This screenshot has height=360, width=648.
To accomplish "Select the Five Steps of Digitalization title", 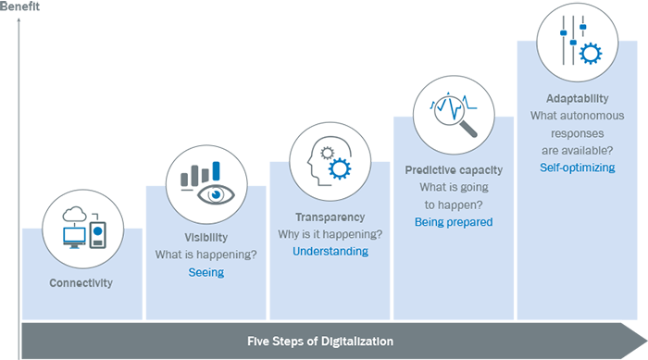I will click(319, 341).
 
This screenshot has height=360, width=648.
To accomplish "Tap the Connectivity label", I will click(82, 282).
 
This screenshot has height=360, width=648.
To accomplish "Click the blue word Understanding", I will click(330, 251).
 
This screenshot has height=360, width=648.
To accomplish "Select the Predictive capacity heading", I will click(454, 169).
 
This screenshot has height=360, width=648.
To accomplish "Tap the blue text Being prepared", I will click(454, 222).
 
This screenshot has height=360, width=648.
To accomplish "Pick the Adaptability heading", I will click(578, 97).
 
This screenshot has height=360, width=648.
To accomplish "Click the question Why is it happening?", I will click(330, 233).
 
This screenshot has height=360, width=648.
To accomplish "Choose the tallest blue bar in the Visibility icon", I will click(216, 171).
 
